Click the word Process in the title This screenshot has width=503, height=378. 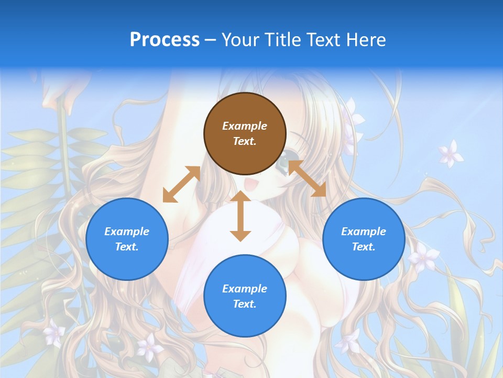point(165,40)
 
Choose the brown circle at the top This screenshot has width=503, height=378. point(245,134)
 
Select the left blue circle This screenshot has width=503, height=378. point(127,239)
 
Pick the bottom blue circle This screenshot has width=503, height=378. point(245,296)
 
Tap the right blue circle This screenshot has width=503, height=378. point(364,239)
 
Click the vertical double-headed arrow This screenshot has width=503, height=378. point(240,216)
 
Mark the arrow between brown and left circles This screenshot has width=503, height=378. point(181,184)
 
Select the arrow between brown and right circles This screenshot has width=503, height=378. point(307,178)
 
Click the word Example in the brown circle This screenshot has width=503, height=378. point(245,126)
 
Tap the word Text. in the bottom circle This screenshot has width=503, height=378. point(245,304)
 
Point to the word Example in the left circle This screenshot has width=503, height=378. point(127,232)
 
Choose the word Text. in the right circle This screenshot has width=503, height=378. point(364,247)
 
